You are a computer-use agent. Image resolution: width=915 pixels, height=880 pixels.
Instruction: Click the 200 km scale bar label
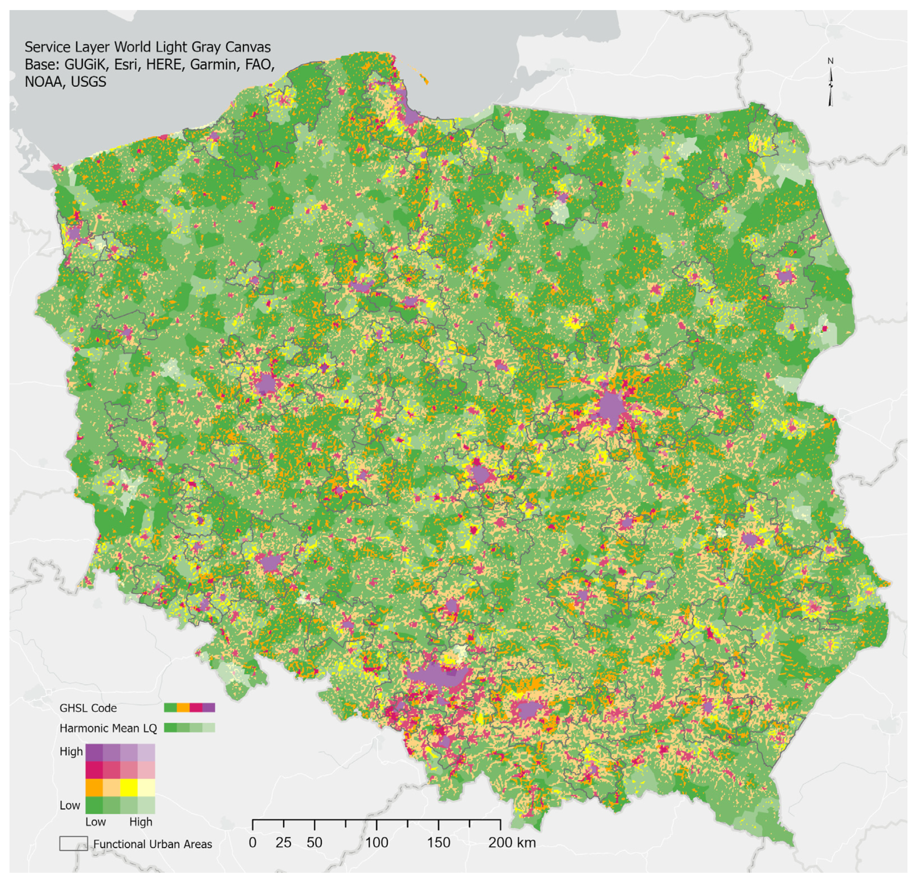click(512, 843)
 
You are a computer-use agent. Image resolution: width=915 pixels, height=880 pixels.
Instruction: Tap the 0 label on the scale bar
click(252, 843)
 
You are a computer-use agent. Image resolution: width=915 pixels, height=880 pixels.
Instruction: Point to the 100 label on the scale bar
click(376, 843)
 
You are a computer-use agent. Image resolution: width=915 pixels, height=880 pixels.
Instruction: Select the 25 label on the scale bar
click(284, 843)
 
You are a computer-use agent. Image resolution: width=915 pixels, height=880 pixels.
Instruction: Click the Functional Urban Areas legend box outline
click(73, 843)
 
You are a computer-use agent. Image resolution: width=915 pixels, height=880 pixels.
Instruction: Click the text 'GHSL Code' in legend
click(88, 708)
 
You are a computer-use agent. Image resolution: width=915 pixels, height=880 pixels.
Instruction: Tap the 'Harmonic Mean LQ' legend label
click(108, 728)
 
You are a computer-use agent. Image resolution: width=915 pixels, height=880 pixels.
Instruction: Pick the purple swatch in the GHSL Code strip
click(208, 708)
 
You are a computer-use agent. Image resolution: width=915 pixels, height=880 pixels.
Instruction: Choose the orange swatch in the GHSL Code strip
click(183, 708)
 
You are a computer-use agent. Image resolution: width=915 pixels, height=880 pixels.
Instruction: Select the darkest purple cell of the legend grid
click(94, 753)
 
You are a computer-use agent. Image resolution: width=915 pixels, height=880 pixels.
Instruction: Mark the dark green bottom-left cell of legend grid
click(94, 805)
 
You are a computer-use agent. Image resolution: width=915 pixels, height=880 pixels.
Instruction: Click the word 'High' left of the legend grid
click(71, 752)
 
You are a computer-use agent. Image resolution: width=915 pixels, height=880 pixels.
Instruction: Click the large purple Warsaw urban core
click(611, 407)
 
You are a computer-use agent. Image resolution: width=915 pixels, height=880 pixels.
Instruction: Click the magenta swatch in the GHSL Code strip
click(196, 708)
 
